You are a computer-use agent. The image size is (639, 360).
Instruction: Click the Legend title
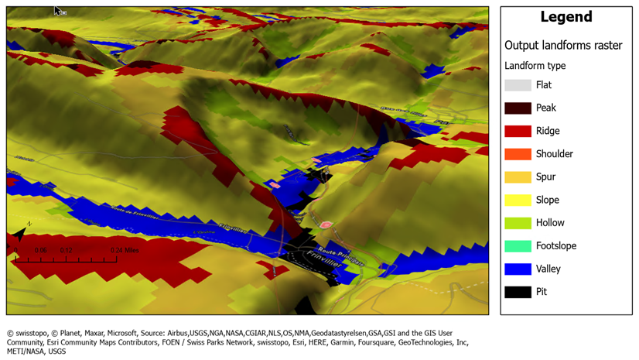point(566,17)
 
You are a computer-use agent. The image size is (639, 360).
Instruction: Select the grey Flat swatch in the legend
point(518,85)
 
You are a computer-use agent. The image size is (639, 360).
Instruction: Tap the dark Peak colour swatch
point(518,108)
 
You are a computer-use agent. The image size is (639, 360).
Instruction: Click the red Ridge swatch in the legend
point(518,131)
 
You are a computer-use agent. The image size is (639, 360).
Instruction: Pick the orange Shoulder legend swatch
point(518,154)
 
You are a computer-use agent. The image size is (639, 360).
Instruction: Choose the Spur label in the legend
point(545,177)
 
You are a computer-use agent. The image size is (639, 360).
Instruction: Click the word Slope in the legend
point(548,200)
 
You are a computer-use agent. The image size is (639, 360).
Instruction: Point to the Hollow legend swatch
point(518,223)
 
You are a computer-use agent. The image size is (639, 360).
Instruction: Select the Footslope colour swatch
point(518,246)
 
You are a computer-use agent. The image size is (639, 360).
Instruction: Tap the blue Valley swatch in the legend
point(518,269)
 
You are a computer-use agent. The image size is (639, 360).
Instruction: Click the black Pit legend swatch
point(518,292)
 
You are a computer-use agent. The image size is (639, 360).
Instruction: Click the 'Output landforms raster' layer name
point(563,46)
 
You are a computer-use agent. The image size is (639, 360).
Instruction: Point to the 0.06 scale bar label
point(40,250)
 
